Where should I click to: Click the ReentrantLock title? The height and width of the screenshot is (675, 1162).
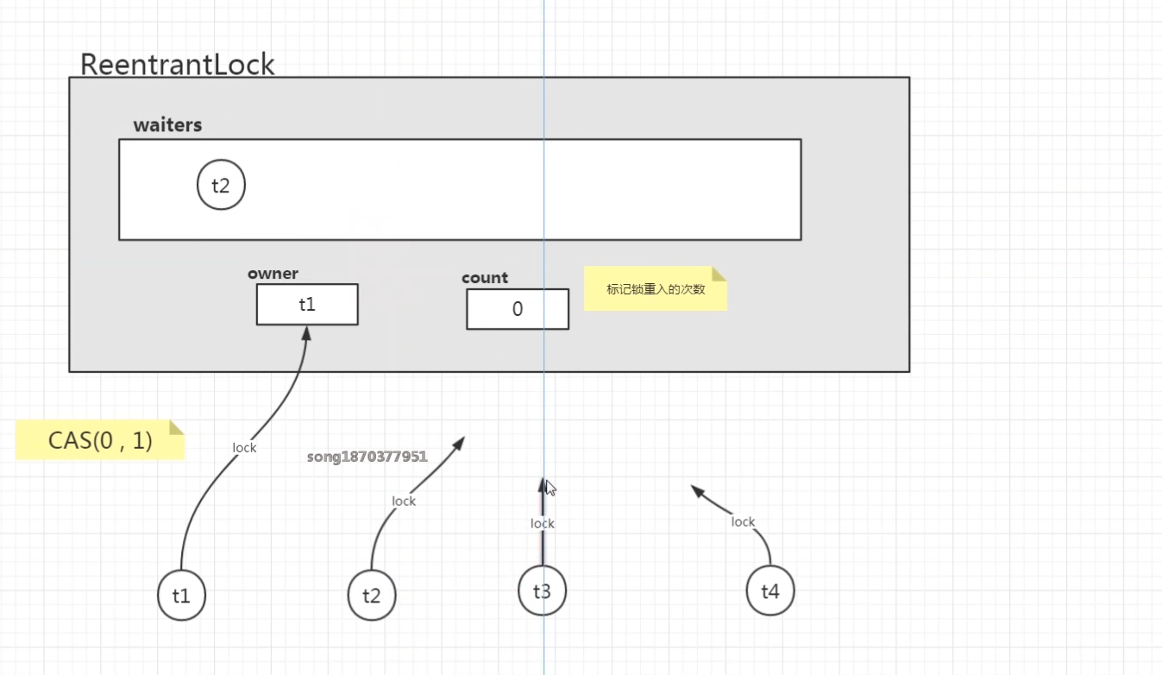pos(177,65)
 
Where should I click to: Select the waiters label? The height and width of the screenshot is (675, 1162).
pos(167,125)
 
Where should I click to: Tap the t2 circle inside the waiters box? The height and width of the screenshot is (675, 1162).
pos(221,186)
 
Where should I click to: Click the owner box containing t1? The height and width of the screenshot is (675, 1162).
pos(307,305)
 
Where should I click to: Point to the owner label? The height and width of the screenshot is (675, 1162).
pos(273,274)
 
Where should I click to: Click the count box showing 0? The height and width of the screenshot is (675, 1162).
pos(518,309)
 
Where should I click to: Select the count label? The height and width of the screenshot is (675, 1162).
pos(485,278)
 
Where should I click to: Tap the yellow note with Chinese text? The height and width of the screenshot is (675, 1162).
pos(656,289)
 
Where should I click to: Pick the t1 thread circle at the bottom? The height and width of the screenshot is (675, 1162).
pos(181,596)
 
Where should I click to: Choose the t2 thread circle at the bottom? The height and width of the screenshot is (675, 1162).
pos(372,596)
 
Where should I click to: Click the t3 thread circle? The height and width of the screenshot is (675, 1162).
pos(542,591)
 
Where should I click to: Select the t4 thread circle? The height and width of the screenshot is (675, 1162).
pos(769,591)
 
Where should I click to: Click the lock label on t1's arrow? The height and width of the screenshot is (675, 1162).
pos(245,448)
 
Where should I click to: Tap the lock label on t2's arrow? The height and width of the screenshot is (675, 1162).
pos(404,502)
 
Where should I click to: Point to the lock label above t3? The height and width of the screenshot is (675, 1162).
pos(543,524)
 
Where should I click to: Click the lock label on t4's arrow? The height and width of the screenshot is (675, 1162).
pos(743,522)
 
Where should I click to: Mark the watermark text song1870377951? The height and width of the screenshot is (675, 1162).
pos(367,457)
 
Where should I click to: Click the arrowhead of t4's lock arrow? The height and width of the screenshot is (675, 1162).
pos(695,490)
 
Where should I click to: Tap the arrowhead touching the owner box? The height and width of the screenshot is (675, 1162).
pos(305,332)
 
